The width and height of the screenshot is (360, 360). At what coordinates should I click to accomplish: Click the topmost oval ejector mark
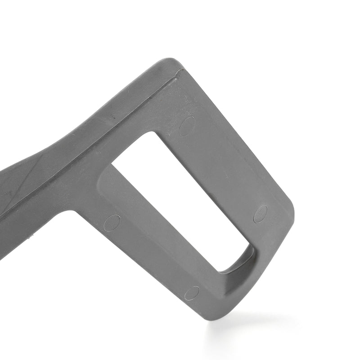tap(187, 126)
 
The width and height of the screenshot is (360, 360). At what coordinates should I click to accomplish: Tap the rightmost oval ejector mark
tap(261, 214)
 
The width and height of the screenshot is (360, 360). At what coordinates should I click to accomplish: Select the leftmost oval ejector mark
tap(112, 223)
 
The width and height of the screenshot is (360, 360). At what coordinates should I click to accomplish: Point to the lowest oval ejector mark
tap(192, 293)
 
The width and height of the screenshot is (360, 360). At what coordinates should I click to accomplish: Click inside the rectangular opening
tap(180, 198)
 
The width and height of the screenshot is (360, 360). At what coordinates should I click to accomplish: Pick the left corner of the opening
tap(111, 165)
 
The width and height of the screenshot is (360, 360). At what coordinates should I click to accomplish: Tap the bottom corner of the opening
tap(220, 271)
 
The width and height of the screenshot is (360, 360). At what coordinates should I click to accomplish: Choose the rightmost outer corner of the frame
tap(292, 216)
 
